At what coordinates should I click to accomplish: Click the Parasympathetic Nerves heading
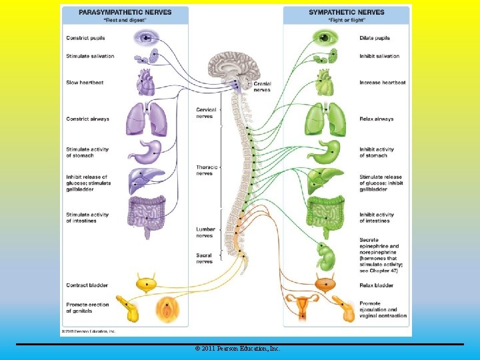[125, 12]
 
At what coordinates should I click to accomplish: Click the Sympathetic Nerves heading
[347, 12]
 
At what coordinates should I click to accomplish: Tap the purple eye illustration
[145, 38]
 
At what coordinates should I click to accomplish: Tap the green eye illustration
[325, 37]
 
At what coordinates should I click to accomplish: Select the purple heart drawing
[145, 83]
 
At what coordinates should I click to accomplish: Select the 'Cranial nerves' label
[262, 86]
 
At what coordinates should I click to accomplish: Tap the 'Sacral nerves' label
[205, 259]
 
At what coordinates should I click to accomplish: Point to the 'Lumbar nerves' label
[205, 232]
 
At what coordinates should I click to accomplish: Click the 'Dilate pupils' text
[375, 38]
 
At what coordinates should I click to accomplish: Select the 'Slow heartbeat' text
[85, 83]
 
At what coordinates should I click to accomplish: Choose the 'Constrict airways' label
[87, 119]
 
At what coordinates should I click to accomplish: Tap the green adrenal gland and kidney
[326, 254]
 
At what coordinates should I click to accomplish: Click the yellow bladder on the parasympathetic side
[147, 283]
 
